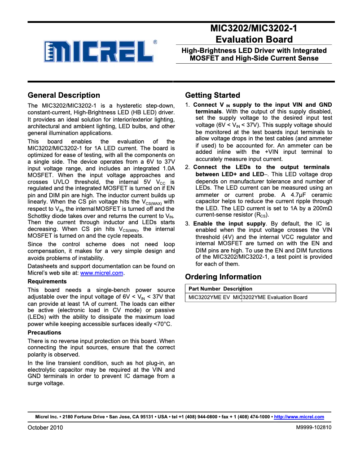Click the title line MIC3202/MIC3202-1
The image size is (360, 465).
coord(254,29)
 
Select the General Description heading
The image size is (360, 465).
coord(64,95)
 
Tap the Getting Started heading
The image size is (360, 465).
coord(212,95)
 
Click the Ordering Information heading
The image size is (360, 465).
coord(223,277)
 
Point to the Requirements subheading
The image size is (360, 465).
coord(47,282)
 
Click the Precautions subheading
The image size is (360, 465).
coord(44,333)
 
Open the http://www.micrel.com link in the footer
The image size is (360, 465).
coord(299,417)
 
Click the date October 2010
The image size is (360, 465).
coord(45,428)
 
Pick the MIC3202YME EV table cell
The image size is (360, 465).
coord(209,297)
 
